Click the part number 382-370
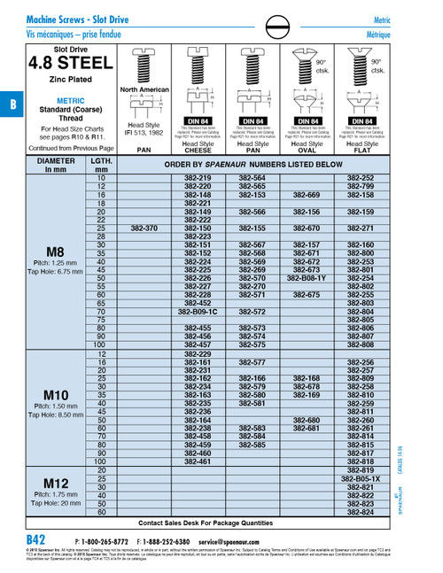coord(144,228)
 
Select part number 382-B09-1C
coord(198,312)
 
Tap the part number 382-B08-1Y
coord(307,278)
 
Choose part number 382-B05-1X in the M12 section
coord(361,478)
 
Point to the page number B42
coord(35,539)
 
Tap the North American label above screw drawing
coord(144,89)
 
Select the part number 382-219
coord(198,178)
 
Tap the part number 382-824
coord(361,512)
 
